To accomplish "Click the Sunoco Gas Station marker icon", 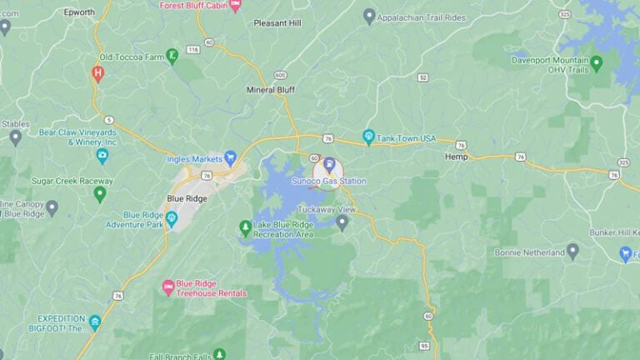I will pyautogui.click(x=328, y=162).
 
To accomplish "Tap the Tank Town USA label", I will pyautogui.click(x=406, y=137).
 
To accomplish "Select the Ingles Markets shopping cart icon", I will pyautogui.click(x=231, y=157).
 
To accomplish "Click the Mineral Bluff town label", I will pyautogui.click(x=272, y=89).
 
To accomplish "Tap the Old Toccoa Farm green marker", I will pyautogui.click(x=172, y=56).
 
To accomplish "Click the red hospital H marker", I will pyautogui.click(x=97, y=73).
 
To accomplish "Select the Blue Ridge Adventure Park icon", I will pyautogui.click(x=172, y=219).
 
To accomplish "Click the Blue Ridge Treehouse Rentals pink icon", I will pyautogui.click(x=167, y=287).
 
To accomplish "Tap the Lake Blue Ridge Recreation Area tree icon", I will pyautogui.click(x=245, y=227).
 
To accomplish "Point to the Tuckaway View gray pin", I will pyautogui.click(x=342, y=222).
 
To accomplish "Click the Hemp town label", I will pyautogui.click(x=456, y=157).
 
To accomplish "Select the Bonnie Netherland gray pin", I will pyautogui.click(x=572, y=251).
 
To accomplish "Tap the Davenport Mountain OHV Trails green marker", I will pyautogui.click(x=596, y=62).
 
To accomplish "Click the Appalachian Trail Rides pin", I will pyautogui.click(x=369, y=15).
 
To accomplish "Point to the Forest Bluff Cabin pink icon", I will pyautogui.click(x=235, y=5).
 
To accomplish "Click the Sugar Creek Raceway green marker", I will pyautogui.click(x=100, y=193).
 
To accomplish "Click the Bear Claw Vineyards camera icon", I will pyautogui.click(x=102, y=156).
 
